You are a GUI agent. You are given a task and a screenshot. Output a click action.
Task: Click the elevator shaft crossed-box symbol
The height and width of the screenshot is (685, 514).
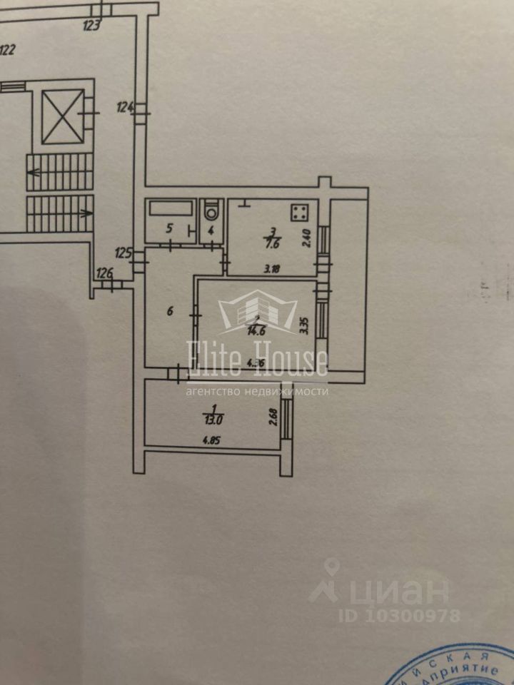click(63, 116)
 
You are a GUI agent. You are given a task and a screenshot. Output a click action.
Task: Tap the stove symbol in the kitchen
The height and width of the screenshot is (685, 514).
click(300, 213)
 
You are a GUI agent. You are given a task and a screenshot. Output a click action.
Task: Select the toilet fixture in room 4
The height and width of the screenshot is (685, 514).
click(211, 212)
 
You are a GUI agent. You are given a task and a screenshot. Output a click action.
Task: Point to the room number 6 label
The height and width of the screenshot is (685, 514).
click(169, 310)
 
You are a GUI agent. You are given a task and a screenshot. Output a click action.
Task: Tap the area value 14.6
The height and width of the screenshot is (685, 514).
click(256, 330)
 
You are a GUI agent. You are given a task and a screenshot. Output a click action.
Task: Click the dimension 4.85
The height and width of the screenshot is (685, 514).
click(211, 440)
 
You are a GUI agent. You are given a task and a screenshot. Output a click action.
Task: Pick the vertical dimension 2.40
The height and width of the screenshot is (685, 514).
click(308, 236)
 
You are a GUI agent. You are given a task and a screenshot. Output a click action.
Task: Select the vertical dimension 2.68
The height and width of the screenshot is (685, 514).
click(273, 416)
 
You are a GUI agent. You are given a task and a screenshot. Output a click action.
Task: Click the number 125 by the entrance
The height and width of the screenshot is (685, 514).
click(124, 252)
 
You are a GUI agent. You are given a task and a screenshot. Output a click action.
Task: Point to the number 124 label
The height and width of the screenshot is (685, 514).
click(126, 108)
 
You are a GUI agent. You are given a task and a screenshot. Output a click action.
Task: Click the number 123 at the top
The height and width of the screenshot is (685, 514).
click(91, 26)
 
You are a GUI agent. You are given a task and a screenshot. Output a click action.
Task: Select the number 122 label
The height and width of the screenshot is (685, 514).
click(8, 50)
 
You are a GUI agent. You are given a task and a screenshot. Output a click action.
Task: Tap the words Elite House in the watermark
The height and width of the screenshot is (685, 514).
click(257, 359)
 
